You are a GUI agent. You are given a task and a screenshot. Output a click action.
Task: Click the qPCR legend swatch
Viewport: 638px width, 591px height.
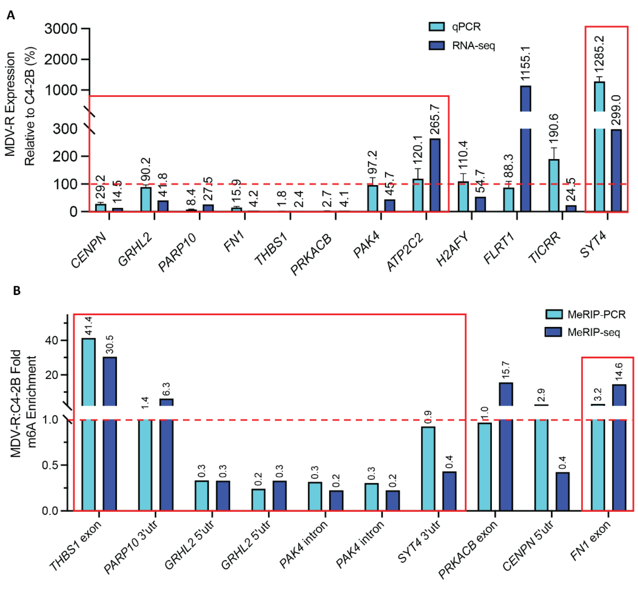point(436,27)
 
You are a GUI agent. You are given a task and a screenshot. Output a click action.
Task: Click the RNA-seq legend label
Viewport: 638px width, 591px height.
point(473,46)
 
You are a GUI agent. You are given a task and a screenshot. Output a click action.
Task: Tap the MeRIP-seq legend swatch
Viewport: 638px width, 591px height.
point(554,332)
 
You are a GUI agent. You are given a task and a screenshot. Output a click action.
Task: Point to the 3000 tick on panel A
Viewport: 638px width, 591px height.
point(61,29)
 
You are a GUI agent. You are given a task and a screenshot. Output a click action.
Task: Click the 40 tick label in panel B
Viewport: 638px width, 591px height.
point(52,340)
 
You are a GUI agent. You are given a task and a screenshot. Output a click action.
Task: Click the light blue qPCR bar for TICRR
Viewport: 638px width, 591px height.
point(554,185)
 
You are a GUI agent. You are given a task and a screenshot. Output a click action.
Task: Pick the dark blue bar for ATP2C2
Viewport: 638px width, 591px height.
point(435,175)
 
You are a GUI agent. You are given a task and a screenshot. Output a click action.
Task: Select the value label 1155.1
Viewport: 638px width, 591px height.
point(526,63)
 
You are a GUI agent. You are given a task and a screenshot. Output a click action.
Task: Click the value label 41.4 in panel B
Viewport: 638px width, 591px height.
point(88,325)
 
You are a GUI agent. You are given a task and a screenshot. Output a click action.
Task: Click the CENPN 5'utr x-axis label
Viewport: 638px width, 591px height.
point(528,547)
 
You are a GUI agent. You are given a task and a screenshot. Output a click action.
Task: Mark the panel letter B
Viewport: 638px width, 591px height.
point(17,291)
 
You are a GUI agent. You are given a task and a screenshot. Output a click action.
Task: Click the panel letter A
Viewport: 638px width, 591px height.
point(11,16)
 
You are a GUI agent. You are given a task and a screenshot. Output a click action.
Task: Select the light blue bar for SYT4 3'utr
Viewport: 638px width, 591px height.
point(428,468)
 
